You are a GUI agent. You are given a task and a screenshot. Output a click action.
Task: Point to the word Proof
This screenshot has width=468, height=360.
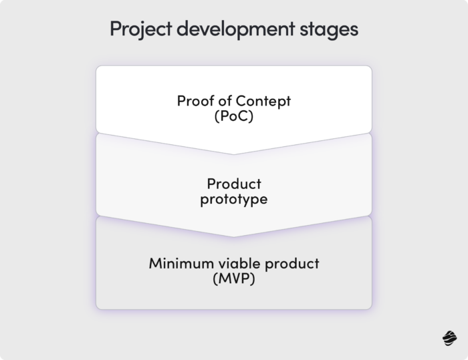pos(194,102)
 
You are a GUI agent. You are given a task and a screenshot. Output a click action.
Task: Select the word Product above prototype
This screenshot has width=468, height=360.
pos(233,184)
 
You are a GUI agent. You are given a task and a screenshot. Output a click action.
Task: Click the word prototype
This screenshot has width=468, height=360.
pos(233,198)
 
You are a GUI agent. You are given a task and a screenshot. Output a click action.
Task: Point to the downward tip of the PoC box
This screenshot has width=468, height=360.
pos(233,153)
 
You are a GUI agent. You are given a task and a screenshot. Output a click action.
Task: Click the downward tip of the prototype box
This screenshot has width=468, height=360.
pos(233,235)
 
